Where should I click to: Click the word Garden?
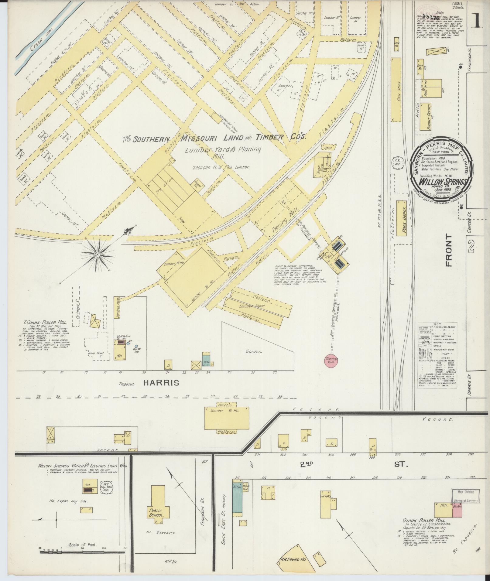[254, 351]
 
